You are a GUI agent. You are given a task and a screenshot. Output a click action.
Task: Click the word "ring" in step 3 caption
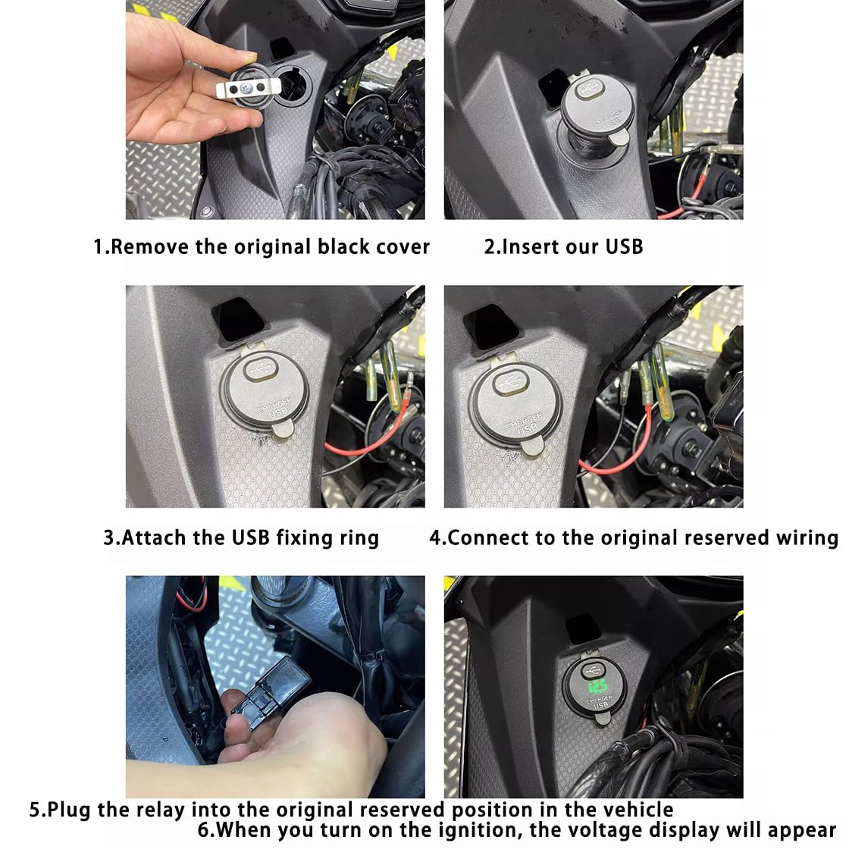[359, 539]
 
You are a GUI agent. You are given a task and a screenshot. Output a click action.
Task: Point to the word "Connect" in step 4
[488, 538]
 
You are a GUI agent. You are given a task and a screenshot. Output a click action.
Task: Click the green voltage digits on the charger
[597, 688]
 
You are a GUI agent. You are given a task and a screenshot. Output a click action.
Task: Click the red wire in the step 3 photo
[368, 433]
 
